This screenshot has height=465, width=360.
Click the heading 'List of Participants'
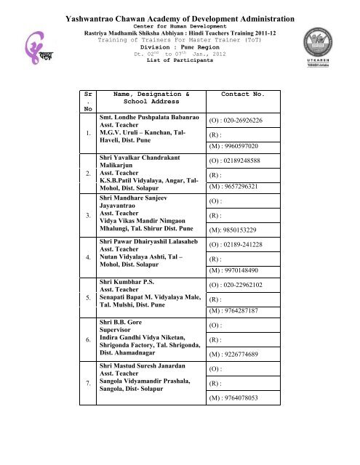[180, 60]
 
